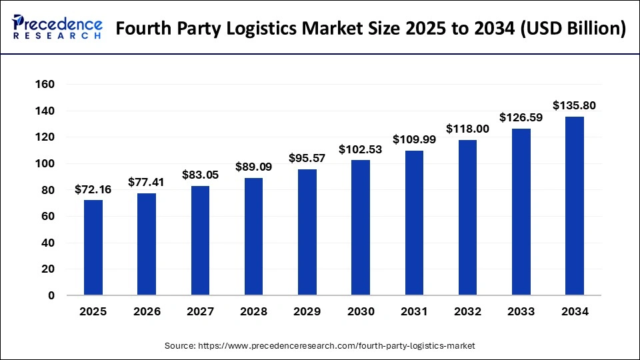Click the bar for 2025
[x=93, y=247]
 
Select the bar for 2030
[x=361, y=227]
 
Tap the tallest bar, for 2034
[x=575, y=206]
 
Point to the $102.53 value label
[x=361, y=149]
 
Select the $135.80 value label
[x=575, y=105]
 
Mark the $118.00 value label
[x=468, y=129]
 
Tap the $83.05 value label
[x=201, y=175]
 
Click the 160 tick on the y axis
[x=45, y=85]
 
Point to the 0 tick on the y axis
[x=51, y=296]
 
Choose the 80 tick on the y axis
[x=47, y=190]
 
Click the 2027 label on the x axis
[x=201, y=311]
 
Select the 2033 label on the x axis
[x=521, y=311]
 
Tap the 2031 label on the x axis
[x=415, y=311]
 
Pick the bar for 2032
[x=468, y=217]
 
